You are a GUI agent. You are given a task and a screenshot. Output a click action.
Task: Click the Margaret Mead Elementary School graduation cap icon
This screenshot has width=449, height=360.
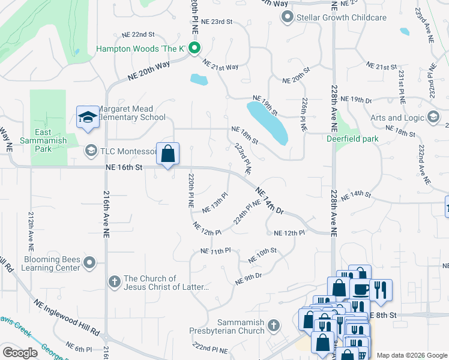[88, 117]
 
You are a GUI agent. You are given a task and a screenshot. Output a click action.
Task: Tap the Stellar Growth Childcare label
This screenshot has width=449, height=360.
[341, 17]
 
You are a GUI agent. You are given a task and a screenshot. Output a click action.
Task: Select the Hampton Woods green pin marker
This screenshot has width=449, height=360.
[194, 49]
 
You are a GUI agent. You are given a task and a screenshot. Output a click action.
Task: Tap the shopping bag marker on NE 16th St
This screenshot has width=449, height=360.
[168, 154]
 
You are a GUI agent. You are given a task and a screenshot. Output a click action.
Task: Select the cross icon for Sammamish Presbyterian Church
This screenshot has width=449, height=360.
[273, 325]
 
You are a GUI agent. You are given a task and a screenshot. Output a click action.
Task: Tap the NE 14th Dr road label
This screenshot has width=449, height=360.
[269, 200]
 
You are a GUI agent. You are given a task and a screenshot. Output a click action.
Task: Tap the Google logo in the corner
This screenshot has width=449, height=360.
[20, 353]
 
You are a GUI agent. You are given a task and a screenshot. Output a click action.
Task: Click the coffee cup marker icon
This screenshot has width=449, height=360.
[361, 290]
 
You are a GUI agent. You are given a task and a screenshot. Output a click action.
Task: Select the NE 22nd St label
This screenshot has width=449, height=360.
[138, 35]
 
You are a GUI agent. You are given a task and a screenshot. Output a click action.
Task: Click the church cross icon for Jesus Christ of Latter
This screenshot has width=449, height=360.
[115, 281]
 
